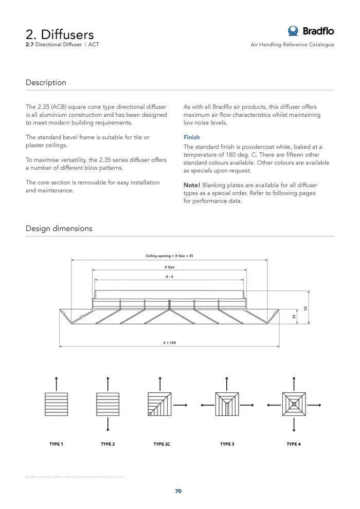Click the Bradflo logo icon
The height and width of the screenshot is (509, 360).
(x=293, y=31)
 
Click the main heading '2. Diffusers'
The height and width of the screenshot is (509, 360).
(x=60, y=34)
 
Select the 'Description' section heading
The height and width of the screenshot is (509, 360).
(x=46, y=82)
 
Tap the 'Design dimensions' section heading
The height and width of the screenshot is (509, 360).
(x=59, y=228)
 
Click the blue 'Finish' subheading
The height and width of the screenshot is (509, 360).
(x=192, y=137)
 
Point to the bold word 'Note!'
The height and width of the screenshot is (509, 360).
(x=192, y=185)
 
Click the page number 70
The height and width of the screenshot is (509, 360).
(x=178, y=491)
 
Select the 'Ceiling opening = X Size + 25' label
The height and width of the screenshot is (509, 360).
(x=169, y=256)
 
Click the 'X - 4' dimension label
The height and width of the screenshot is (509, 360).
(x=169, y=277)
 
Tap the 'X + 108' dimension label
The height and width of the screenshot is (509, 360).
(x=169, y=342)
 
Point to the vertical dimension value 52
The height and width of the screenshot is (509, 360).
(x=305, y=308)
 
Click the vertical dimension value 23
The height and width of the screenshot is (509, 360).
(x=294, y=317)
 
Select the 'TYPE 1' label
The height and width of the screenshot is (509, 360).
(x=56, y=444)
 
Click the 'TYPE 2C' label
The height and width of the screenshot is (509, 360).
(x=161, y=444)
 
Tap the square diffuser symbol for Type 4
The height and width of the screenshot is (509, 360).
(x=294, y=404)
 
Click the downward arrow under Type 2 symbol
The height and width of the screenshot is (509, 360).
(x=107, y=425)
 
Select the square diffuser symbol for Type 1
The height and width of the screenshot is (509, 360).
(x=56, y=404)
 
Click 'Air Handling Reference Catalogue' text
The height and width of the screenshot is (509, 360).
(x=292, y=45)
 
